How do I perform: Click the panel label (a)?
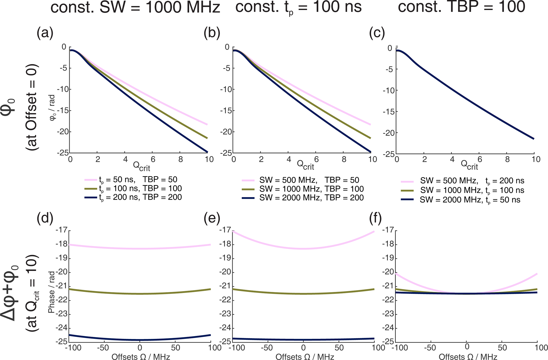45,34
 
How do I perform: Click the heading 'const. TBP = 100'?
461,7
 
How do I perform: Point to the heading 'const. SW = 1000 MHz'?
135,7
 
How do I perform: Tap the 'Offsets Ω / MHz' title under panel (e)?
305,357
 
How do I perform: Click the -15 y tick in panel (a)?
63,111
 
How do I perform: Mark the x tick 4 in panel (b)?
289,159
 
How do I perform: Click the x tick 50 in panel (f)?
502,348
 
